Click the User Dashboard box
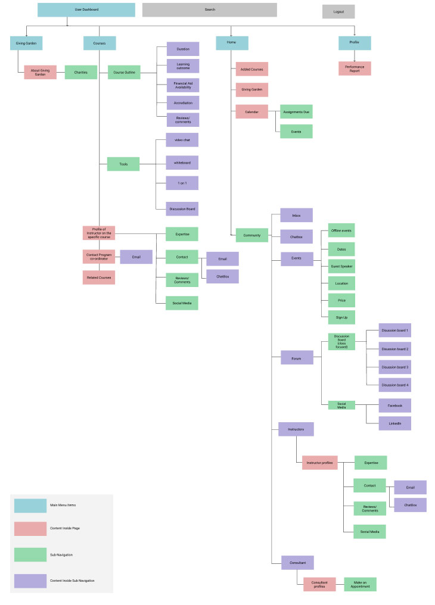coord(86,10)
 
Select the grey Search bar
coord(209,10)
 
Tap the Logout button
coord(338,11)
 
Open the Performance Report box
coord(355,68)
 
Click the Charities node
coord(80,72)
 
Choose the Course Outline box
coord(124,72)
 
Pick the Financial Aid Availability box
coord(182,85)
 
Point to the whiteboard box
coord(182,162)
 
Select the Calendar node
coord(251,111)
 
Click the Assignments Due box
coord(296,111)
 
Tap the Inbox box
coord(296,215)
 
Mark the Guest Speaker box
coord(341,266)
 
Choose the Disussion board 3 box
coord(394,367)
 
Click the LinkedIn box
coord(394,423)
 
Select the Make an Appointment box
coord(360,584)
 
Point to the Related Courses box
coord(98,277)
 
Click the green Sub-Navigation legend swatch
coord(30,554)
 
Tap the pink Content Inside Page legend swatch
coord(30,529)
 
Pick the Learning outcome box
coord(182,66)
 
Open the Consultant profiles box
coord(319,584)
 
